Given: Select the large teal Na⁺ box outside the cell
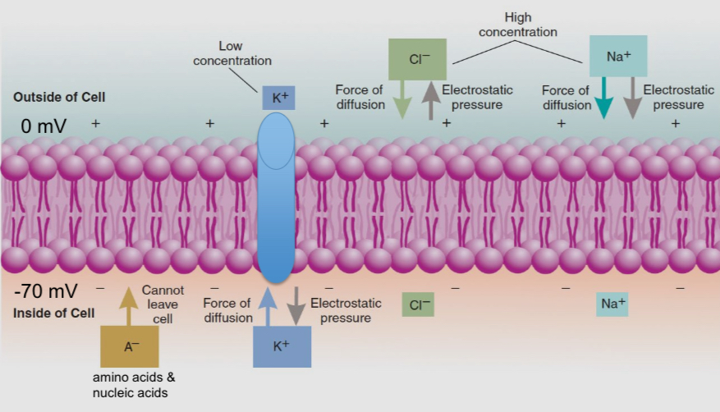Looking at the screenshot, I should click(618, 57).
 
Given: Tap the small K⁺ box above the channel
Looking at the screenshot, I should click(278, 98).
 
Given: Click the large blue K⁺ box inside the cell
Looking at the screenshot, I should click(282, 346).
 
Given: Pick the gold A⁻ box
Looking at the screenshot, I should click(128, 346).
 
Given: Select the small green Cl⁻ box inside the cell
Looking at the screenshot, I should click(418, 304).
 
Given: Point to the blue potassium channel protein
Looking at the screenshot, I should click(277, 197).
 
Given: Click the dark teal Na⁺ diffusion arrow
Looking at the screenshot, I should click(603, 101).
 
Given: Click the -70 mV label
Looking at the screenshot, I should click(46, 291).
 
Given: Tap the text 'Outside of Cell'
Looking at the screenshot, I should click(59, 98).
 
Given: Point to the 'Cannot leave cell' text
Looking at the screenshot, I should click(163, 304).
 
